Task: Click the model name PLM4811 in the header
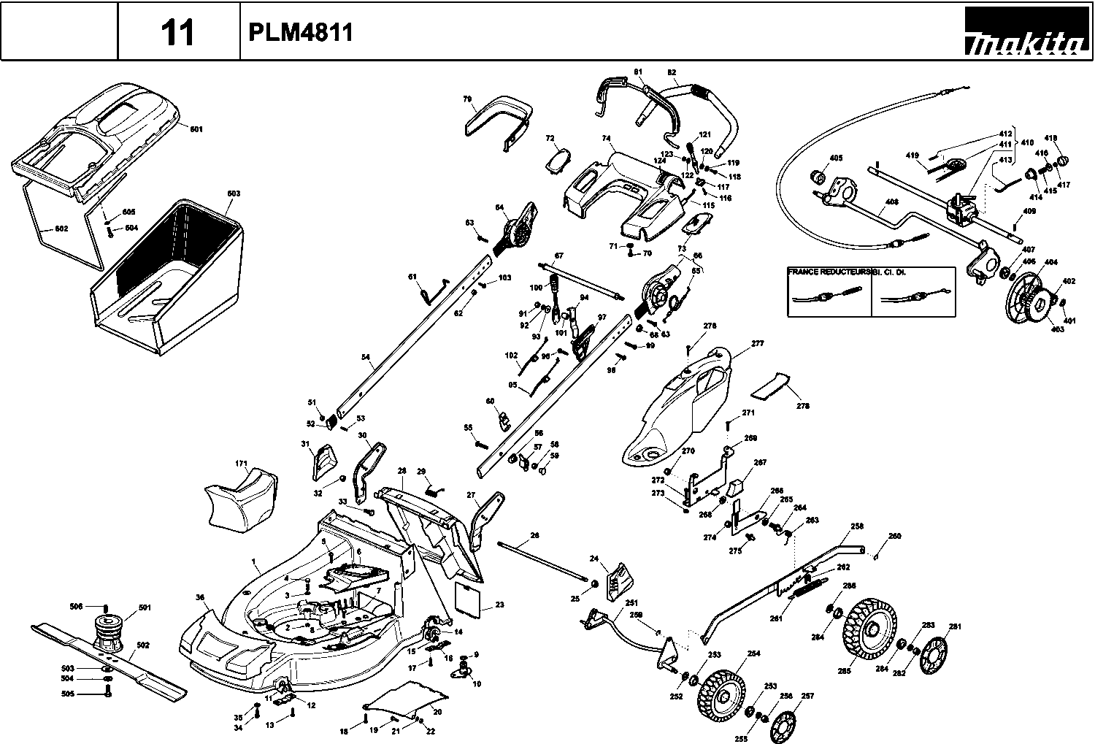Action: [x=301, y=32]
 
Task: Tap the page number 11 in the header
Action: [x=177, y=33]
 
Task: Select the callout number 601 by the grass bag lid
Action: [x=196, y=129]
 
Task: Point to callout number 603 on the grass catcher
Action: [x=234, y=193]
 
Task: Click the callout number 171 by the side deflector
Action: [x=242, y=464]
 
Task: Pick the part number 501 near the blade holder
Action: [x=144, y=607]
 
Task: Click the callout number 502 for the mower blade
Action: [x=143, y=645]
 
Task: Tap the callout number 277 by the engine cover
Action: [x=757, y=343]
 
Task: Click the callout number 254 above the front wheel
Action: [x=753, y=653]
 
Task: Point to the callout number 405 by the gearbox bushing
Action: [x=836, y=158]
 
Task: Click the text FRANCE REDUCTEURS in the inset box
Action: [x=829, y=271]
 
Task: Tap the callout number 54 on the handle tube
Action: [x=366, y=358]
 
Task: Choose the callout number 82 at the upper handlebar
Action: [x=672, y=72]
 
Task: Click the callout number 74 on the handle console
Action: [x=605, y=138]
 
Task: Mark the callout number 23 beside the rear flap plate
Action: [x=499, y=605]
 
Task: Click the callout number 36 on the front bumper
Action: [x=200, y=597]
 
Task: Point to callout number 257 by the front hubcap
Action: [x=807, y=696]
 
